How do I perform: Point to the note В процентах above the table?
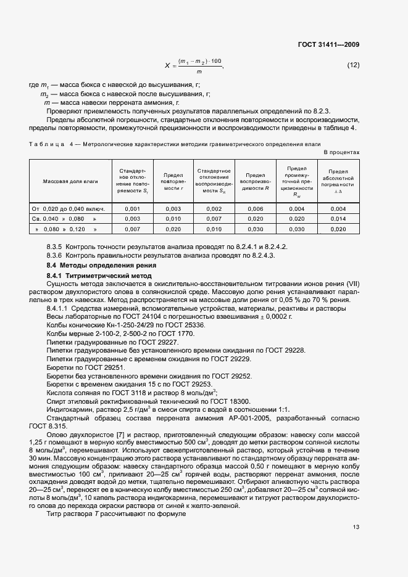341,152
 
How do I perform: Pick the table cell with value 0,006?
255,209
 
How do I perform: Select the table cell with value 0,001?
133,209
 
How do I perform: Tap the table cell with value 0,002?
214,209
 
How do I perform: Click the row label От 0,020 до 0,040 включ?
69,209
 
